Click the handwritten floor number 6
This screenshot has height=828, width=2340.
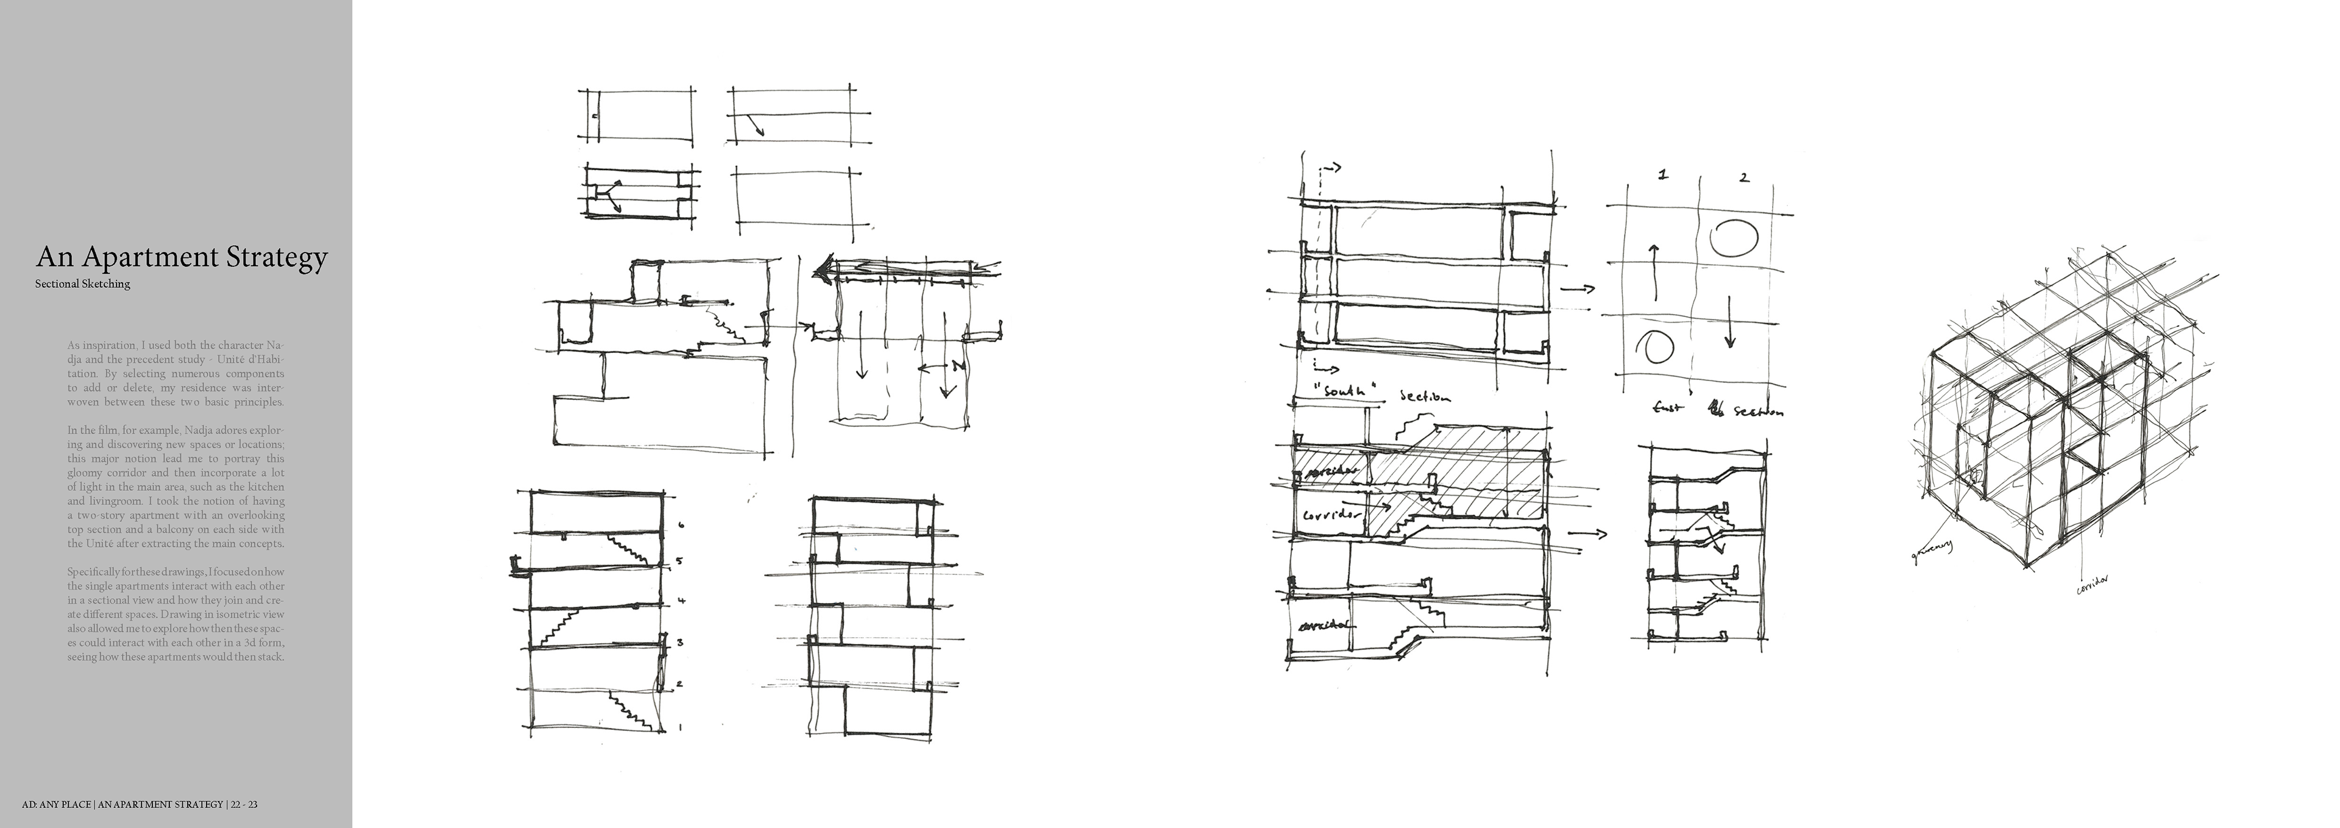681,526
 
